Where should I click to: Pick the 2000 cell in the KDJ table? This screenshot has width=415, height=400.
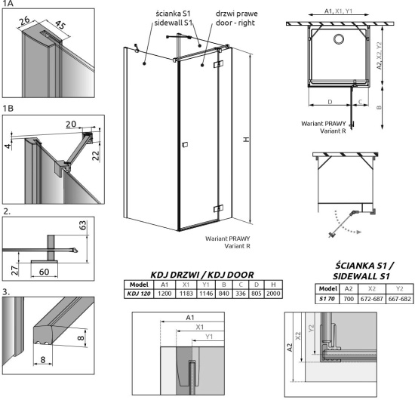[277, 292]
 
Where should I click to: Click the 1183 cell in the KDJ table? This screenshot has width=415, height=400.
[179, 292]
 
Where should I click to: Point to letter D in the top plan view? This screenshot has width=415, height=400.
[330, 100]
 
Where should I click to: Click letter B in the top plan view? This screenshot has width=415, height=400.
[380, 107]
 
